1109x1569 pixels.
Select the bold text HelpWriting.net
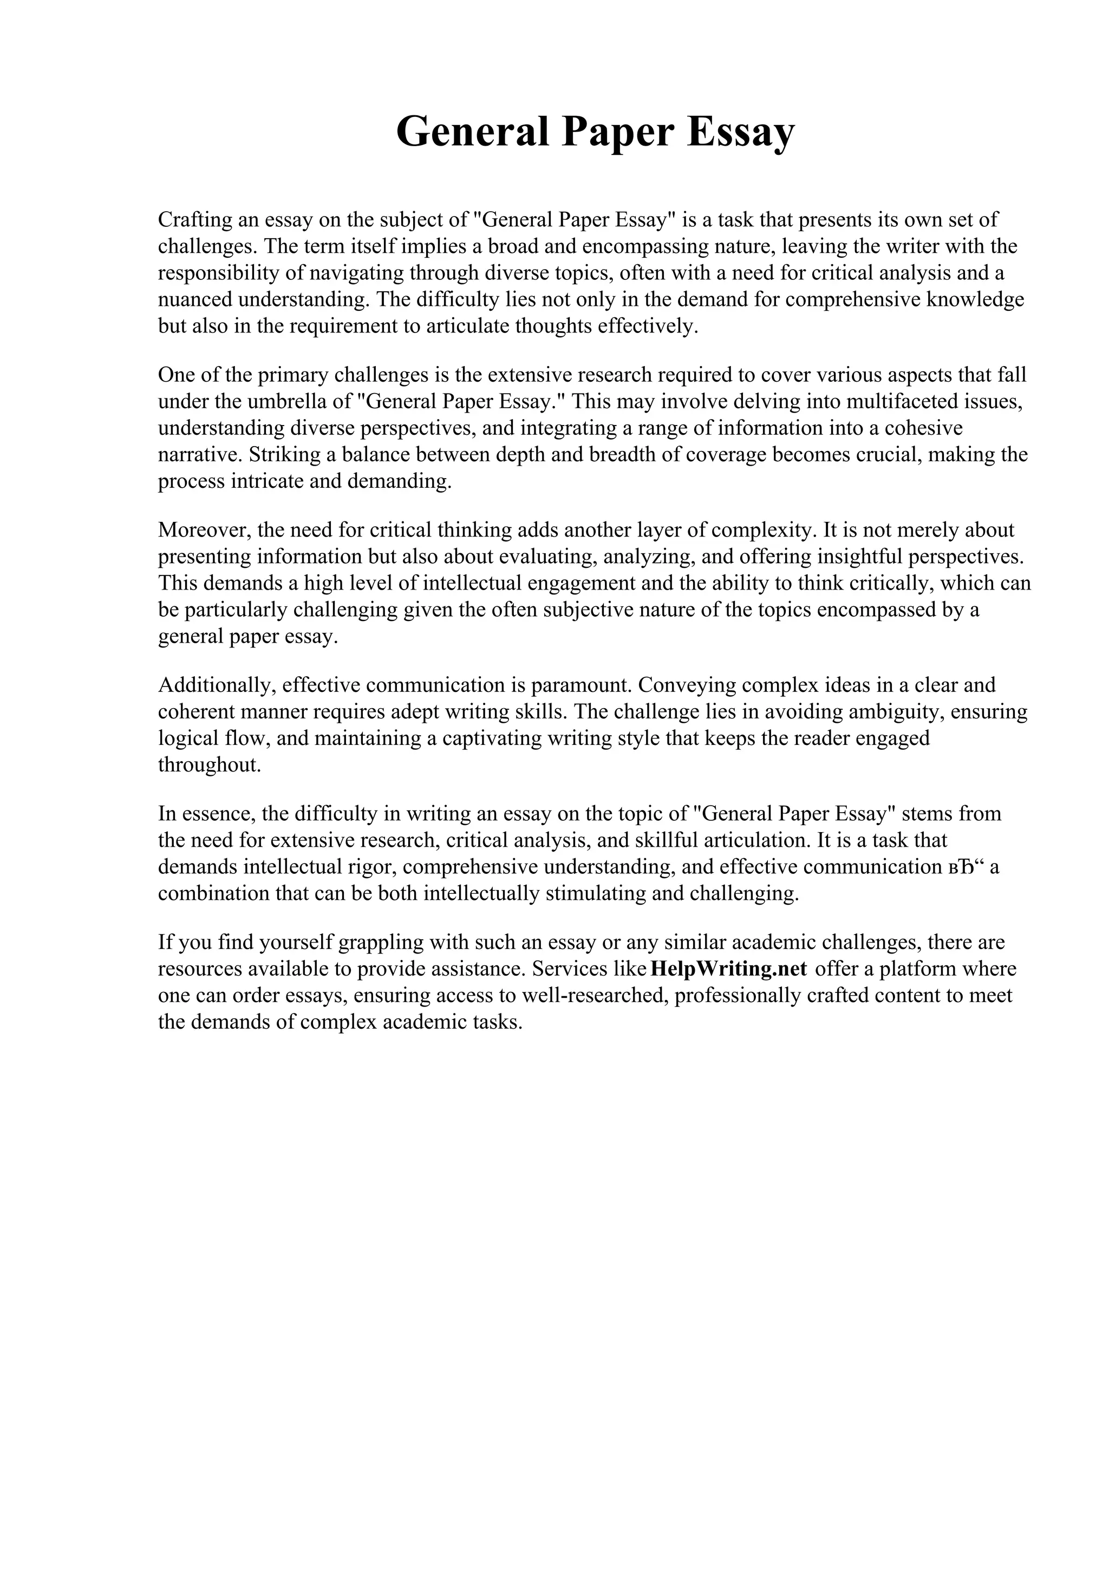pyautogui.click(x=729, y=969)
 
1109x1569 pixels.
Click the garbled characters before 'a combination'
pyautogui.click(x=965, y=867)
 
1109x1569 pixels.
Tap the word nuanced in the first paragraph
pyautogui.click(x=195, y=299)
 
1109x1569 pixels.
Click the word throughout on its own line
pyautogui.click(x=209, y=764)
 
